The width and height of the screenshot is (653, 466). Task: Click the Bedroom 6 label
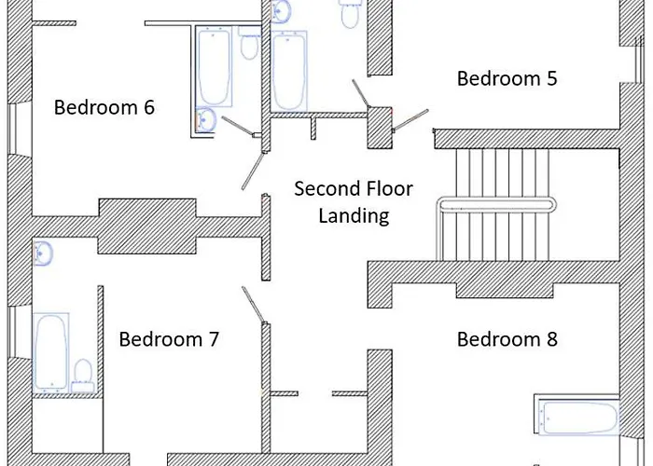coord(104,107)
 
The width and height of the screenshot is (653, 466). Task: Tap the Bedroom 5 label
coord(507,78)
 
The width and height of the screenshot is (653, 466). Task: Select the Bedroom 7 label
coord(169,339)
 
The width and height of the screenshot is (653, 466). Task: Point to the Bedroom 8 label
coord(507,339)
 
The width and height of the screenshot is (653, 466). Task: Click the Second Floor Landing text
coord(354,202)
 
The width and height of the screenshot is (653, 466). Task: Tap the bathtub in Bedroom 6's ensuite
coord(214,66)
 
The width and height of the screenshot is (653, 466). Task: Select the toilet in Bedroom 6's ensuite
coord(249,43)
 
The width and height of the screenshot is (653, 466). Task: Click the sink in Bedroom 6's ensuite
coord(206,119)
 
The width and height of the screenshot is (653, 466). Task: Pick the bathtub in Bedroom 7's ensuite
coord(50,352)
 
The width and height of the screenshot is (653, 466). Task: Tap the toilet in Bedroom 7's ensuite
coord(83,377)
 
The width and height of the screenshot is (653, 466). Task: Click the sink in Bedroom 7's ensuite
coord(43,253)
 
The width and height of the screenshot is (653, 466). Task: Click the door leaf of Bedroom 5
coord(411,120)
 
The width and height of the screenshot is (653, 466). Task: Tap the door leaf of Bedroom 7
coord(254,305)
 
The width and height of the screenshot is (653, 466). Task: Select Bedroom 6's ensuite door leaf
coord(238,127)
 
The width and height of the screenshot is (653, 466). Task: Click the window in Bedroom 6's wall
coord(12,130)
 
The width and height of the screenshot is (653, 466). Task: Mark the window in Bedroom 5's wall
coord(639,60)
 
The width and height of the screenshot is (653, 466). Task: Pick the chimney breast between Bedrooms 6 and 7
coord(147,226)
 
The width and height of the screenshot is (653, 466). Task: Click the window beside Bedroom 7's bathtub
coord(12,332)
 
